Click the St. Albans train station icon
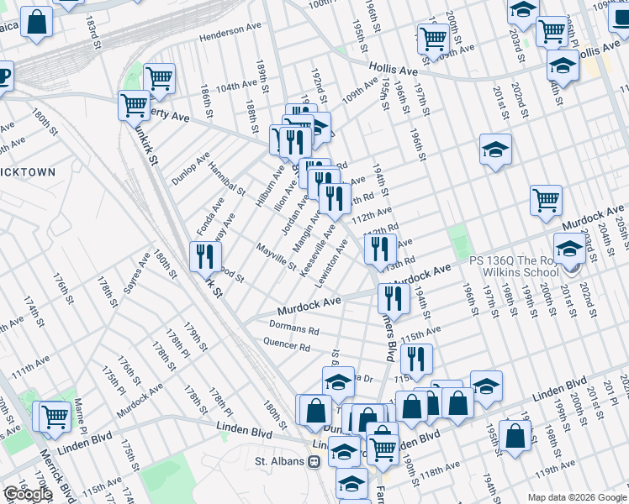point(314,461)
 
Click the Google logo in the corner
point(28,494)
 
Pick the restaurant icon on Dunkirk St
point(204,255)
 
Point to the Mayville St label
point(277,258)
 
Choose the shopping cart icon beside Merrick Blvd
point(54,415)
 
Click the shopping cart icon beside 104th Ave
point(158,77)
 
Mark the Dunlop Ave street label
point(189,168)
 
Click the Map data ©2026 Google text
point(576,497)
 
